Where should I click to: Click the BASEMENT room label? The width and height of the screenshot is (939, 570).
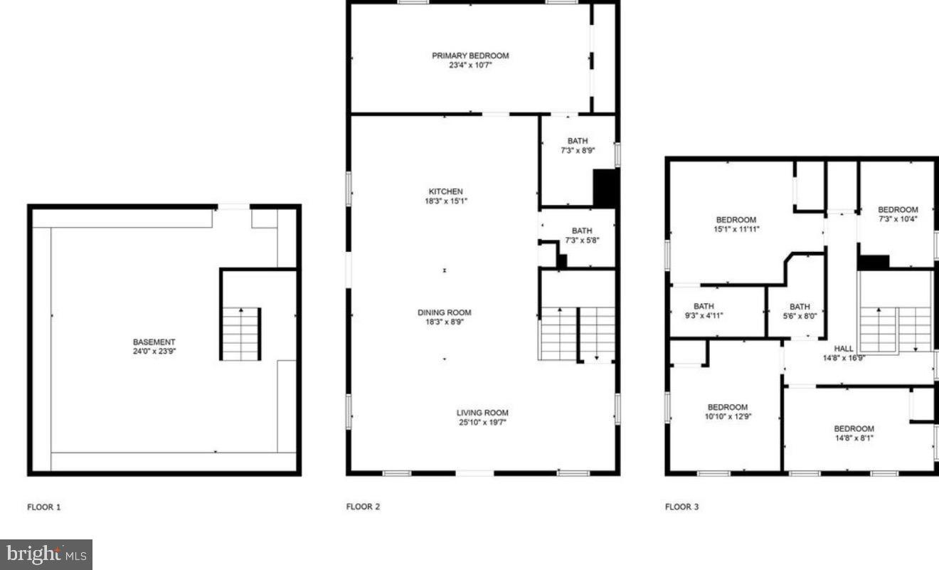[154, 342]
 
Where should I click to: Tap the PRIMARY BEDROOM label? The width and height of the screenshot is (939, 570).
[470, 56]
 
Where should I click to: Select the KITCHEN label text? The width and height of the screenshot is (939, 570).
[445, 191]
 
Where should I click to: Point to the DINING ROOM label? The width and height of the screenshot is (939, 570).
[444, 312]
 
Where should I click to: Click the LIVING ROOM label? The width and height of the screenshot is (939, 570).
[482, 413]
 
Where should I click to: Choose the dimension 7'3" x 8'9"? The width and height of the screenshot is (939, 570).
[578, 151]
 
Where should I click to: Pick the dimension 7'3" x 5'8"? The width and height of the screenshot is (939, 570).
[582, 241]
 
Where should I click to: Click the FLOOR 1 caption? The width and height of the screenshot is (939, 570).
[44, 507]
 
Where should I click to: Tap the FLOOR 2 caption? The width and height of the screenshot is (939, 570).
[363, 507]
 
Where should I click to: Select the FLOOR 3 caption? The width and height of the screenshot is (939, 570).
[681, 507]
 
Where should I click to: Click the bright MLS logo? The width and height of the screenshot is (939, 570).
[46, 554]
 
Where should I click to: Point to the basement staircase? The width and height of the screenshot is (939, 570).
[241, 334]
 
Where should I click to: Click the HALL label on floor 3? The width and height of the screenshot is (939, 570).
[844, 349]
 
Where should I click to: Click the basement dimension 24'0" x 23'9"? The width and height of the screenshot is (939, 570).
[154, 351]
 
